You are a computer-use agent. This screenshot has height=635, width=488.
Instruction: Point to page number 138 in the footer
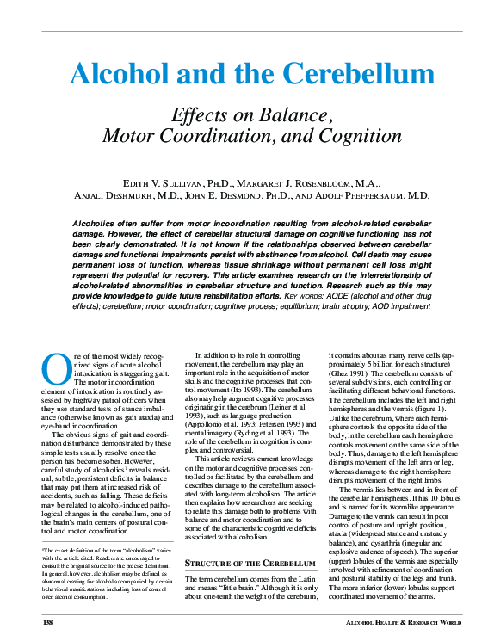48,620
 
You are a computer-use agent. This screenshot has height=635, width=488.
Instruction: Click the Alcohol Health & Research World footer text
395,620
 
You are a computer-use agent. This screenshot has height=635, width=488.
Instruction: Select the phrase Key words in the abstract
306,294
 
